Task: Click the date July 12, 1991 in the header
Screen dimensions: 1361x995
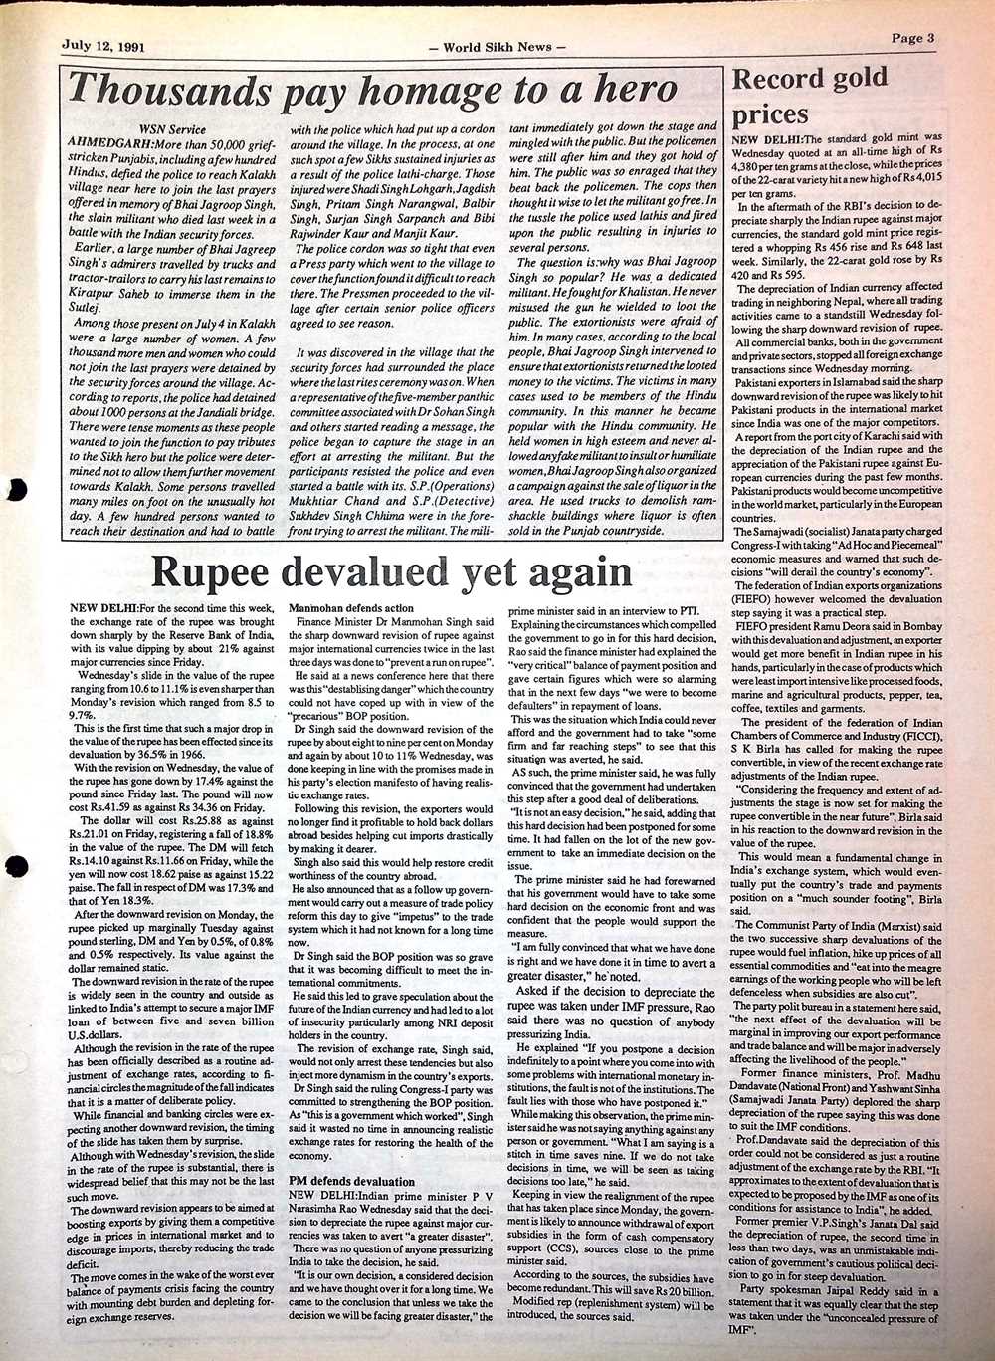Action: click(x=103, y=46)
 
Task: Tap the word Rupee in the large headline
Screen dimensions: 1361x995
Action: click(x=213, y=572)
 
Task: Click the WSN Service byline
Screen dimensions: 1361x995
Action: click(x=173, y=129)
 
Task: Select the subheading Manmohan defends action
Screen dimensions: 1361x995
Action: click(x=350, y=607)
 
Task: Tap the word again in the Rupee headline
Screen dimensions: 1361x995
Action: click(x=576, y=572)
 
